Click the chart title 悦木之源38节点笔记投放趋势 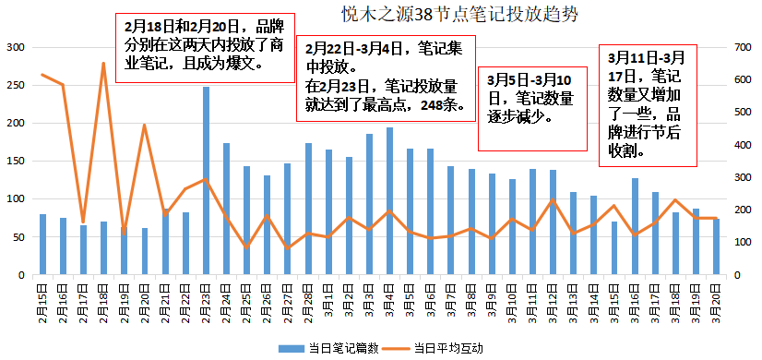pyautogui.click(x=424, y=15)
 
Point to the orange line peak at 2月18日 pyautogui.click(x=103, y=64)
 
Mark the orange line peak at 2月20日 pyautogui.click(x=145, y=125)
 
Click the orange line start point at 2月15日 pyautogui.click(x=42, y=75)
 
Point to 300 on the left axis pyautogui.click(x=16, y=47)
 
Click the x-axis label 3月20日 pyautogui.click(x=716, y=301)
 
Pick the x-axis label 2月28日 pyautogui.click(x=308, y=301)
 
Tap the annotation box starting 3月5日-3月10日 pyautogui.click(x=532, y=109)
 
